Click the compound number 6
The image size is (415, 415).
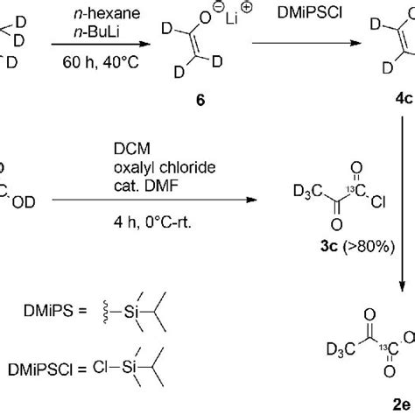coord(200,100)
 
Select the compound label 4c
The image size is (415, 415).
coord(404,99)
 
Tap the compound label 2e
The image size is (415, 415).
coord(402,404)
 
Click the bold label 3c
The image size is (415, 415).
coord(329,247)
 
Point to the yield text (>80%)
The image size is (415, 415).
coord(369,247)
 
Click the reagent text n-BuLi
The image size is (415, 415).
coord(97,32)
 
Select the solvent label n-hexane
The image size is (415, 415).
coord(107,13)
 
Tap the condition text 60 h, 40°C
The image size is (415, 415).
coord(101,62)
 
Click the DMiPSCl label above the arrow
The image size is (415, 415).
coord(310,13)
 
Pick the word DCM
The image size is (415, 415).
coord(132,149)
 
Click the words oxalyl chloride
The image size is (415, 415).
coord(165,167)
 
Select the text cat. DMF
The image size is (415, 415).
coord(146,186)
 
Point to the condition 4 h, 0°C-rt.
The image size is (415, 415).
coord(152,222)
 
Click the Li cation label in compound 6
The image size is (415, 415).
coord(232,18)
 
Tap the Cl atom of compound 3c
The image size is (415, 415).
coord(378,201)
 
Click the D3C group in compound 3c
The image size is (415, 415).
coord(308,192)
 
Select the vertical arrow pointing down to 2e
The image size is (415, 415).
coord(403,204)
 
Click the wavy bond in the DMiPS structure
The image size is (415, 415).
coord(105,312)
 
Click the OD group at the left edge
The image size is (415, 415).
coord(24,202)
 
